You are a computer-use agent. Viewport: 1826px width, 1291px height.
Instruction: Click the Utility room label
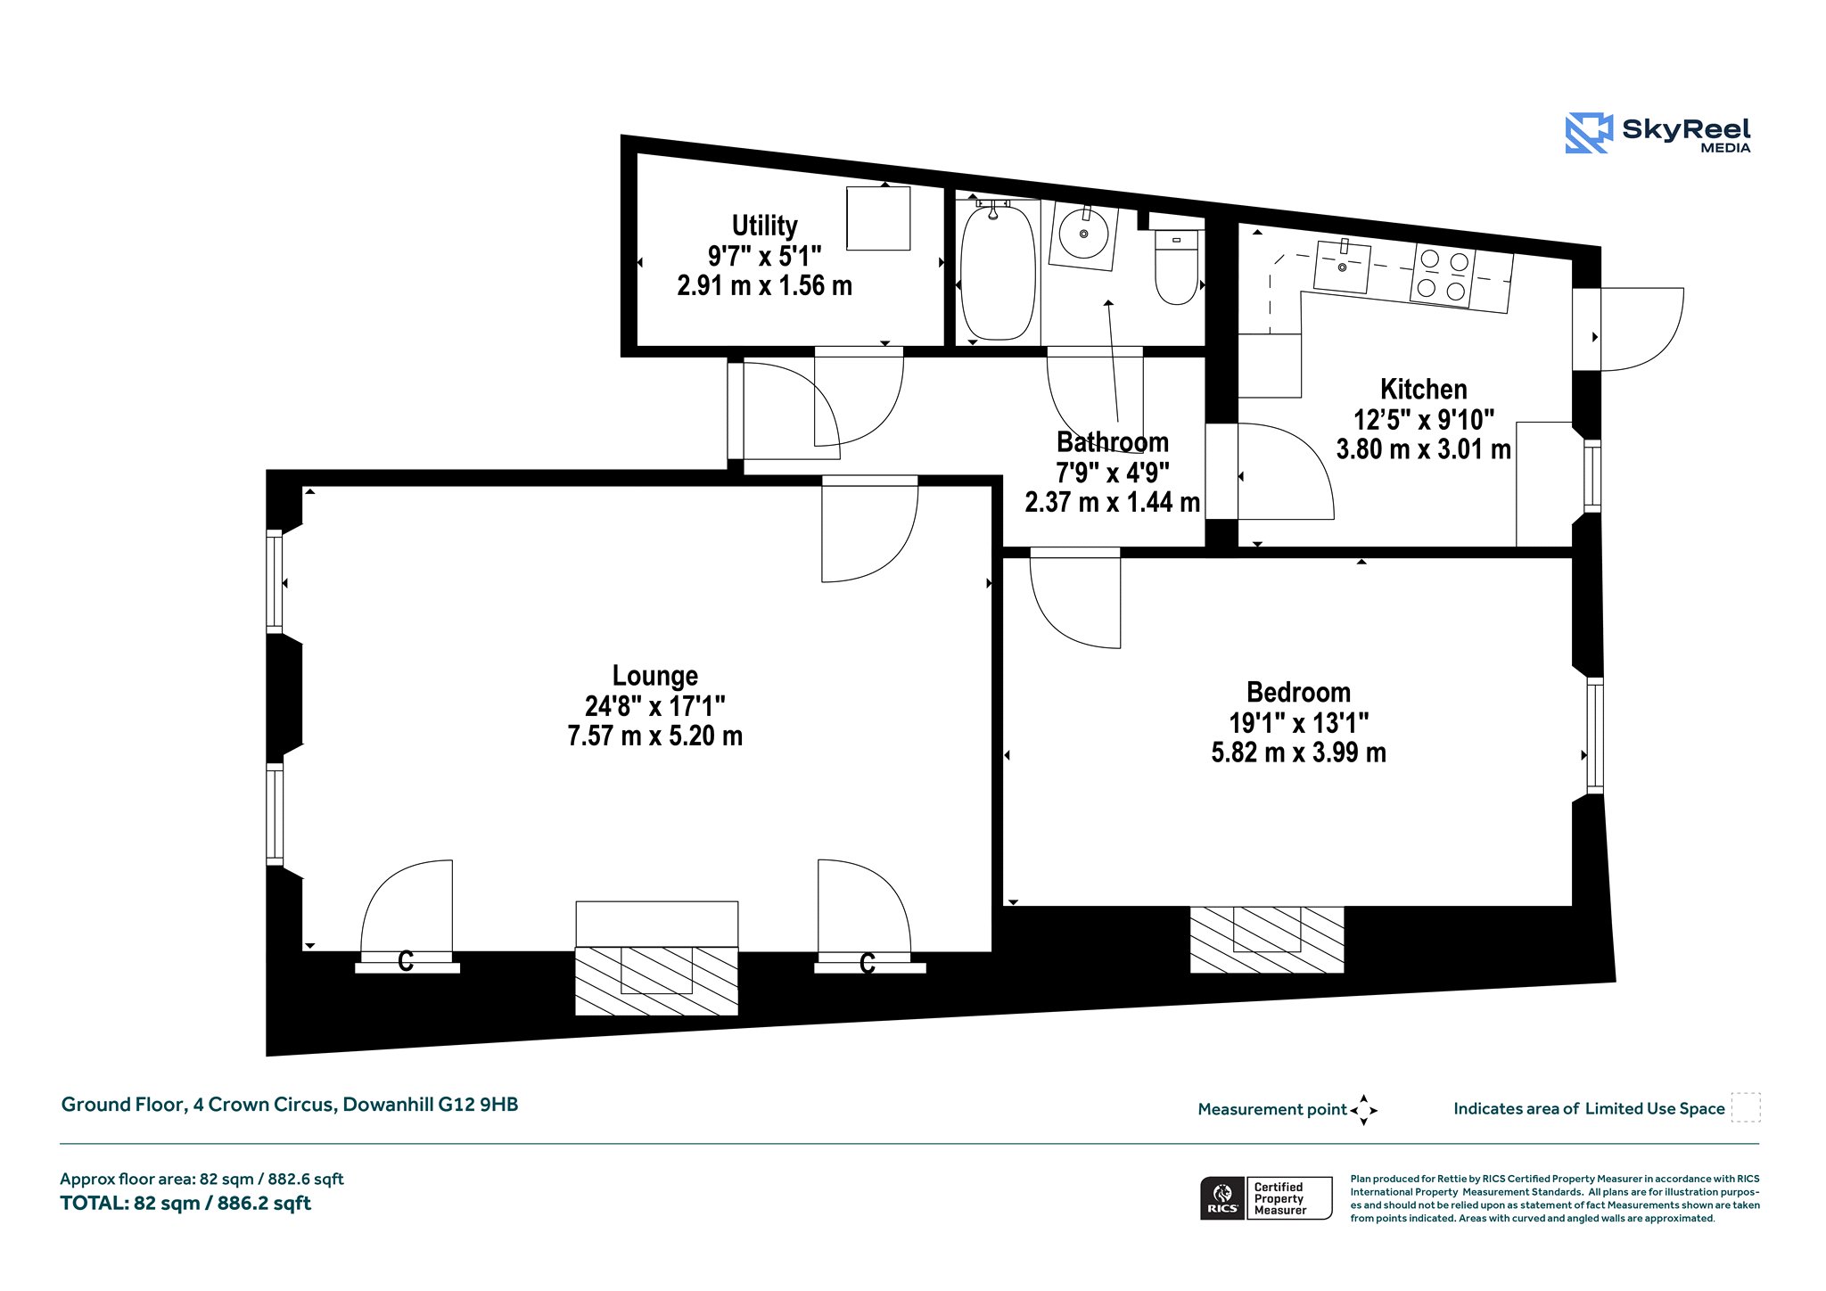pos(764,226)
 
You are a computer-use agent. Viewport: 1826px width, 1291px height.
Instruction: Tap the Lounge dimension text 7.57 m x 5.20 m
pos(655,736)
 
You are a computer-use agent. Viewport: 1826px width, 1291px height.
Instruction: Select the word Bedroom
pos(1298,692)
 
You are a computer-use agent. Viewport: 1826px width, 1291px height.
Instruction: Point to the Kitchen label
pos(1423,389)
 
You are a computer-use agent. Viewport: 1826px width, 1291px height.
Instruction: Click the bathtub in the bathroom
pos(998,271)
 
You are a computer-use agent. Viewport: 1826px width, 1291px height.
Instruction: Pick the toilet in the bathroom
pos(1177,266)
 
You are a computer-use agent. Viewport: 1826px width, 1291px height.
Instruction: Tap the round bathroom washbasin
pos(1084,234)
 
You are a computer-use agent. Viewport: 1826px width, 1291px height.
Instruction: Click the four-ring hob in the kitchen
pos(1443,275)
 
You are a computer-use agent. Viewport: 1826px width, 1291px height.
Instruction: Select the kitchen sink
pos(1343,266)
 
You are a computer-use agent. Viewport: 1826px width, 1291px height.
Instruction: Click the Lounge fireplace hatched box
pos(656,981)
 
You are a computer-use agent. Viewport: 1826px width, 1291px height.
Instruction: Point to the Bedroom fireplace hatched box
pos(1266,940)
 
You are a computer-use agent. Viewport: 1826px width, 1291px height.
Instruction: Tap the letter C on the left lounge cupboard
pos(406,961)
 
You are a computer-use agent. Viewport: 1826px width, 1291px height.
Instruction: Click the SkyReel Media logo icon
pos(1589,134)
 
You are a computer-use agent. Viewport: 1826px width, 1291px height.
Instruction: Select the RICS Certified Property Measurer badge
pos(1266,1198)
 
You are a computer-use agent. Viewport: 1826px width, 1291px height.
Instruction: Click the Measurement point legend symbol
pos(1364,1110)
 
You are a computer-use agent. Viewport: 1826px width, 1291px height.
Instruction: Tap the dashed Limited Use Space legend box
pos(1746,1107)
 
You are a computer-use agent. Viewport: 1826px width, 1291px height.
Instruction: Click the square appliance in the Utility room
pos(878,218)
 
